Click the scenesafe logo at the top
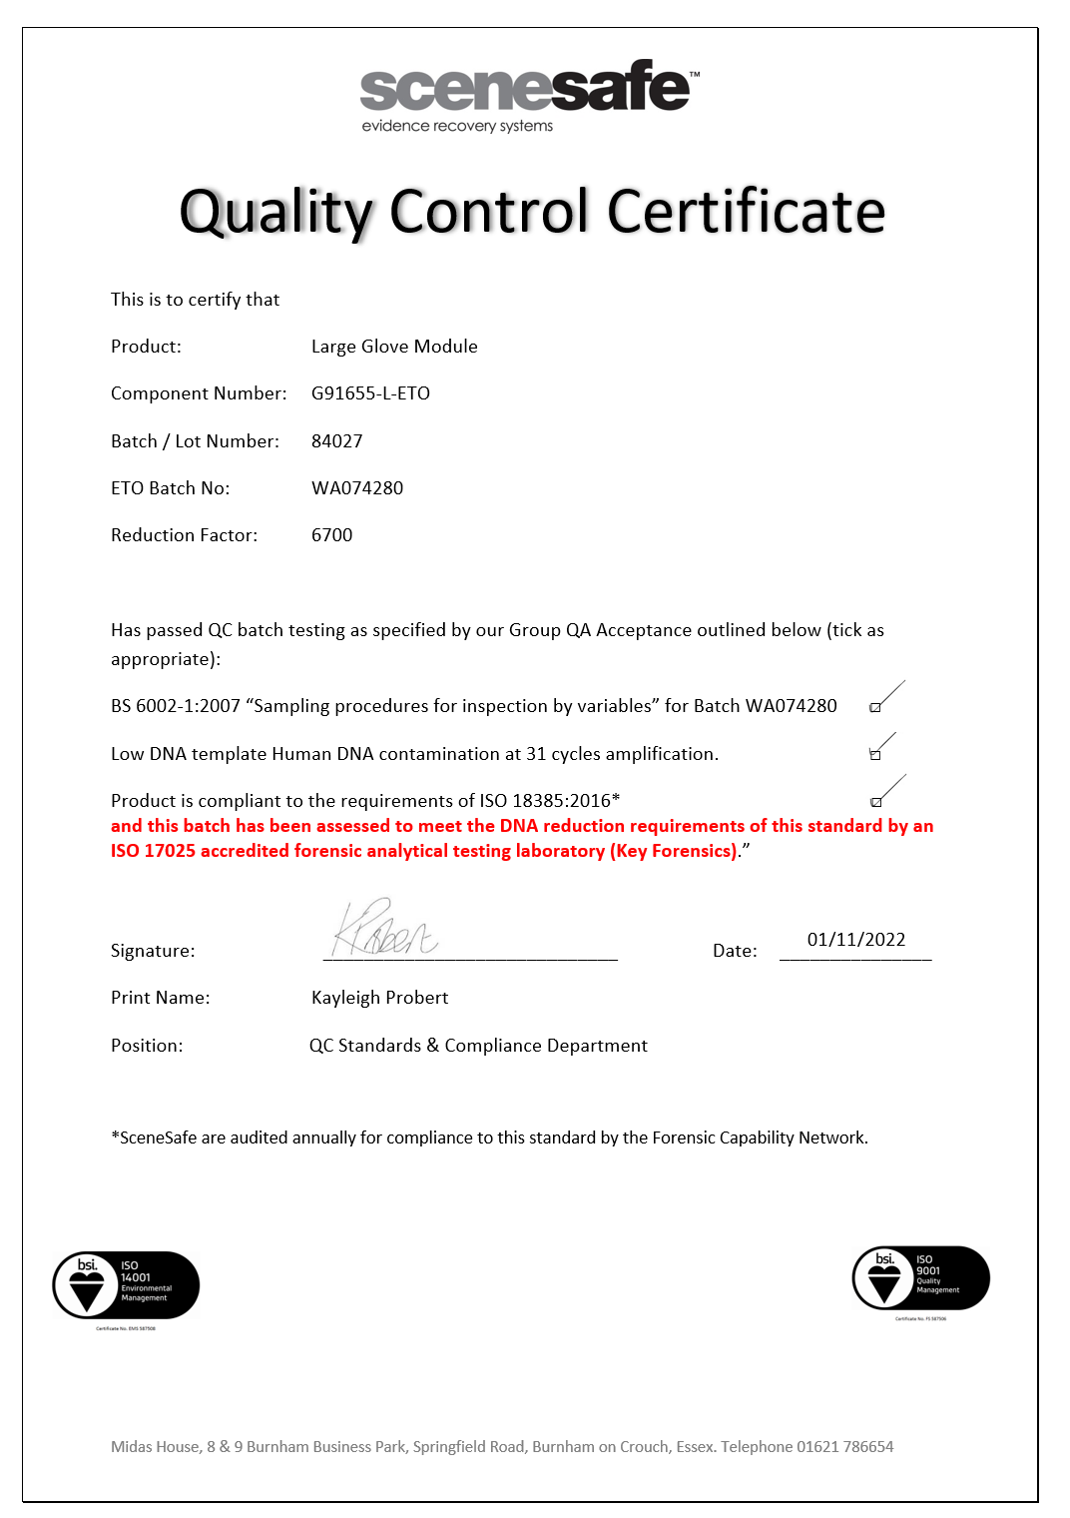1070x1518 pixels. click(x=529, y=96)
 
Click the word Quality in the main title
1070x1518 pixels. click(x=276, y=212)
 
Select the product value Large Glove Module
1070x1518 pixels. click(x=394, y=347)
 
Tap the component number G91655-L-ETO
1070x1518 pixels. click(x=370, y=393)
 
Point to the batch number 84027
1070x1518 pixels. click(x=336, y=441)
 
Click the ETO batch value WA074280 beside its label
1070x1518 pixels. click(x=357, y=488)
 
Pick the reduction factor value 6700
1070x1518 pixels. click(x=331, y=535)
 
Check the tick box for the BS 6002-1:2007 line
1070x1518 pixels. click(x=875, y=707)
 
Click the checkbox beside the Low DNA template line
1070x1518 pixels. click(x=875, y=755)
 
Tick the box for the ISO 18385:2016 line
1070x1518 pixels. click(x=875, y=802)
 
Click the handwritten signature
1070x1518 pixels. click(x=383, y=930)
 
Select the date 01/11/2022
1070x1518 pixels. click(x=855, y=940)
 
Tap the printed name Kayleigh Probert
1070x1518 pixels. click(x=379, y=998)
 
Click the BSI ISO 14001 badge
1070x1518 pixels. click(x=126, y=1285)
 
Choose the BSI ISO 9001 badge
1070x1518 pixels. click(x=920, y=1278)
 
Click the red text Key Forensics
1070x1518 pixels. click(x=674, y=851)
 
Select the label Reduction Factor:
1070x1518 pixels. click(x=184, y=535)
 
